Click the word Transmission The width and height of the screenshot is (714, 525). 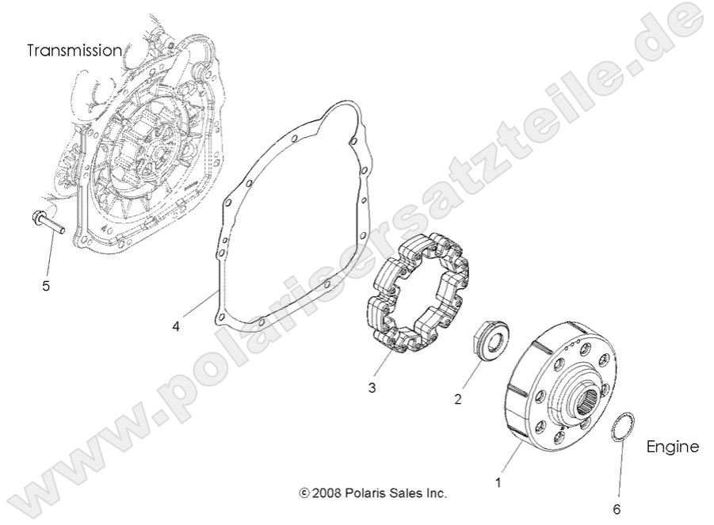tap(74, 51)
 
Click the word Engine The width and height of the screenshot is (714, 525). tap(673, 447)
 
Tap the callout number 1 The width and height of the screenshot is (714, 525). tap(498, 480)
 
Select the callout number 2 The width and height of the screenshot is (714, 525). tap(457, 400)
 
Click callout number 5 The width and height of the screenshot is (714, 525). tap(46, 286)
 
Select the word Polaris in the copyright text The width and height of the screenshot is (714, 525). tap(369, 493)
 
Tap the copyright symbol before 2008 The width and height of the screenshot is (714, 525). tap(304, 493)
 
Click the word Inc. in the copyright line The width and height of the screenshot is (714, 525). tap(437, 493)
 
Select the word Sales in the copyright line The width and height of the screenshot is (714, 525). tap(408, 493)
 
